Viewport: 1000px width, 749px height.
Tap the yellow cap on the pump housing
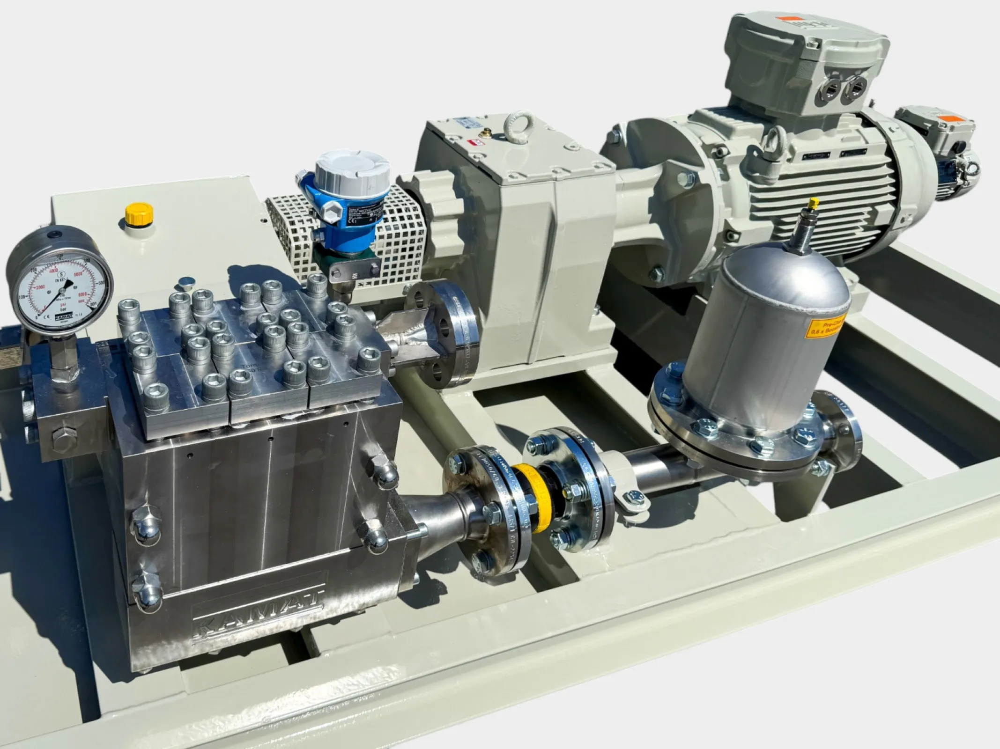point(139,213)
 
